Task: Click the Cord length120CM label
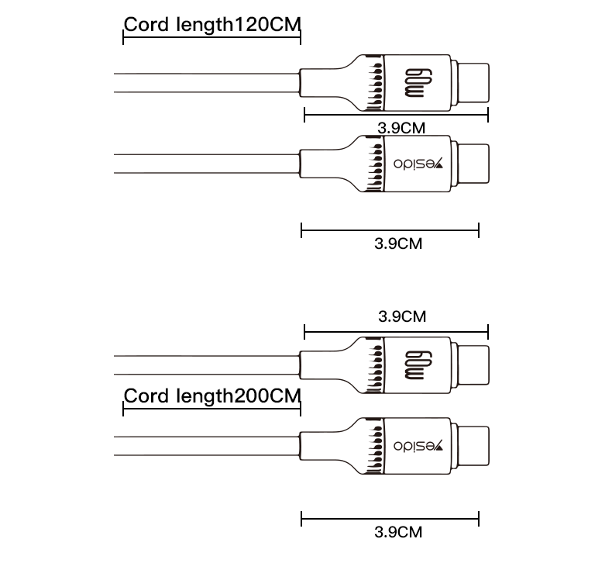click(211, 24)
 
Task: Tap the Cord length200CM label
click(211, 396)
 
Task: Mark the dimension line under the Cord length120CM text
click(211, 39)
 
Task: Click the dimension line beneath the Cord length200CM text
click(211, 411)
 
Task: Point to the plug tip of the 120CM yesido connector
click(472, 164)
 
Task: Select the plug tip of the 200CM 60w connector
click(472, 364)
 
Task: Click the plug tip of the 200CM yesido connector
click(472, 447)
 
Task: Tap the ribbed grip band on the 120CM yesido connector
click(375, 164)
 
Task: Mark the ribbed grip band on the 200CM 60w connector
click(375, 364)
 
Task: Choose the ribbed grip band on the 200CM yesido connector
click(375, 447)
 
